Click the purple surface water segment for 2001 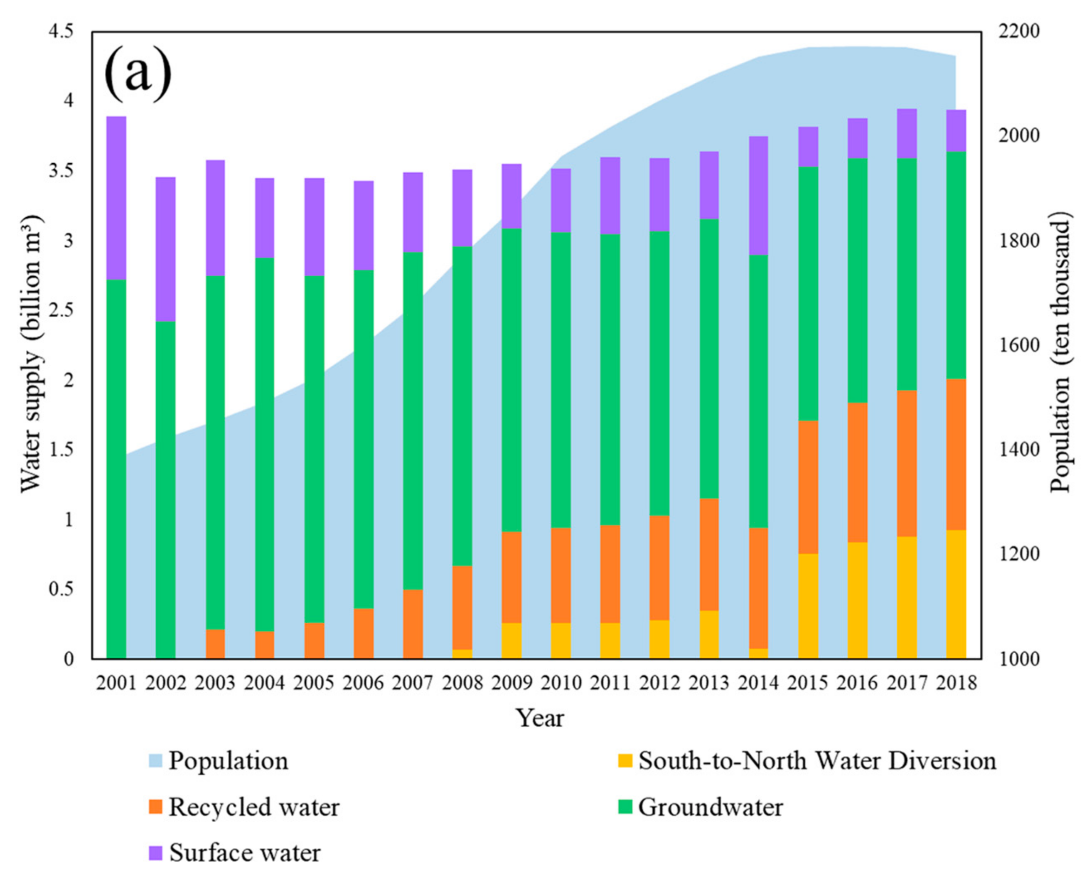(116, 198)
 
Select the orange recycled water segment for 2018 (956, 454)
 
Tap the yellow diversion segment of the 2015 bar (808, 606)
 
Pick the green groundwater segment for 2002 (165, 489)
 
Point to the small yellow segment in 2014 (758, 654)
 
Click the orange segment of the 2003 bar (215, 644)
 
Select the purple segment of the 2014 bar (758, 195)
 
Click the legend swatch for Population (156, 761)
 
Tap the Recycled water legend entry (253, 807)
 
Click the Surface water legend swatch (156, 853)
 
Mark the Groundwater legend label (710, 807)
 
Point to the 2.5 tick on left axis (61, 310)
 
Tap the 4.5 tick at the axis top (61, 32)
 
